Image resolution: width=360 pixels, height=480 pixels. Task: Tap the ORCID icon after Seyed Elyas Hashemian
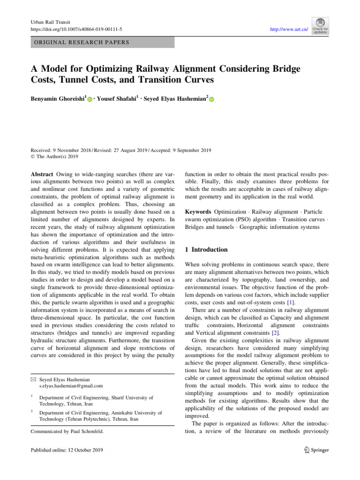[x=211, y=100]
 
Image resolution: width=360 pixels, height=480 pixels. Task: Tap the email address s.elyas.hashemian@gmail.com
[x=71, y=386]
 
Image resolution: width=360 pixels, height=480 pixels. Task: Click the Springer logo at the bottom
[x=315, y=450]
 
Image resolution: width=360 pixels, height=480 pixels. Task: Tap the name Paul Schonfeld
[x=89, y=431]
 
